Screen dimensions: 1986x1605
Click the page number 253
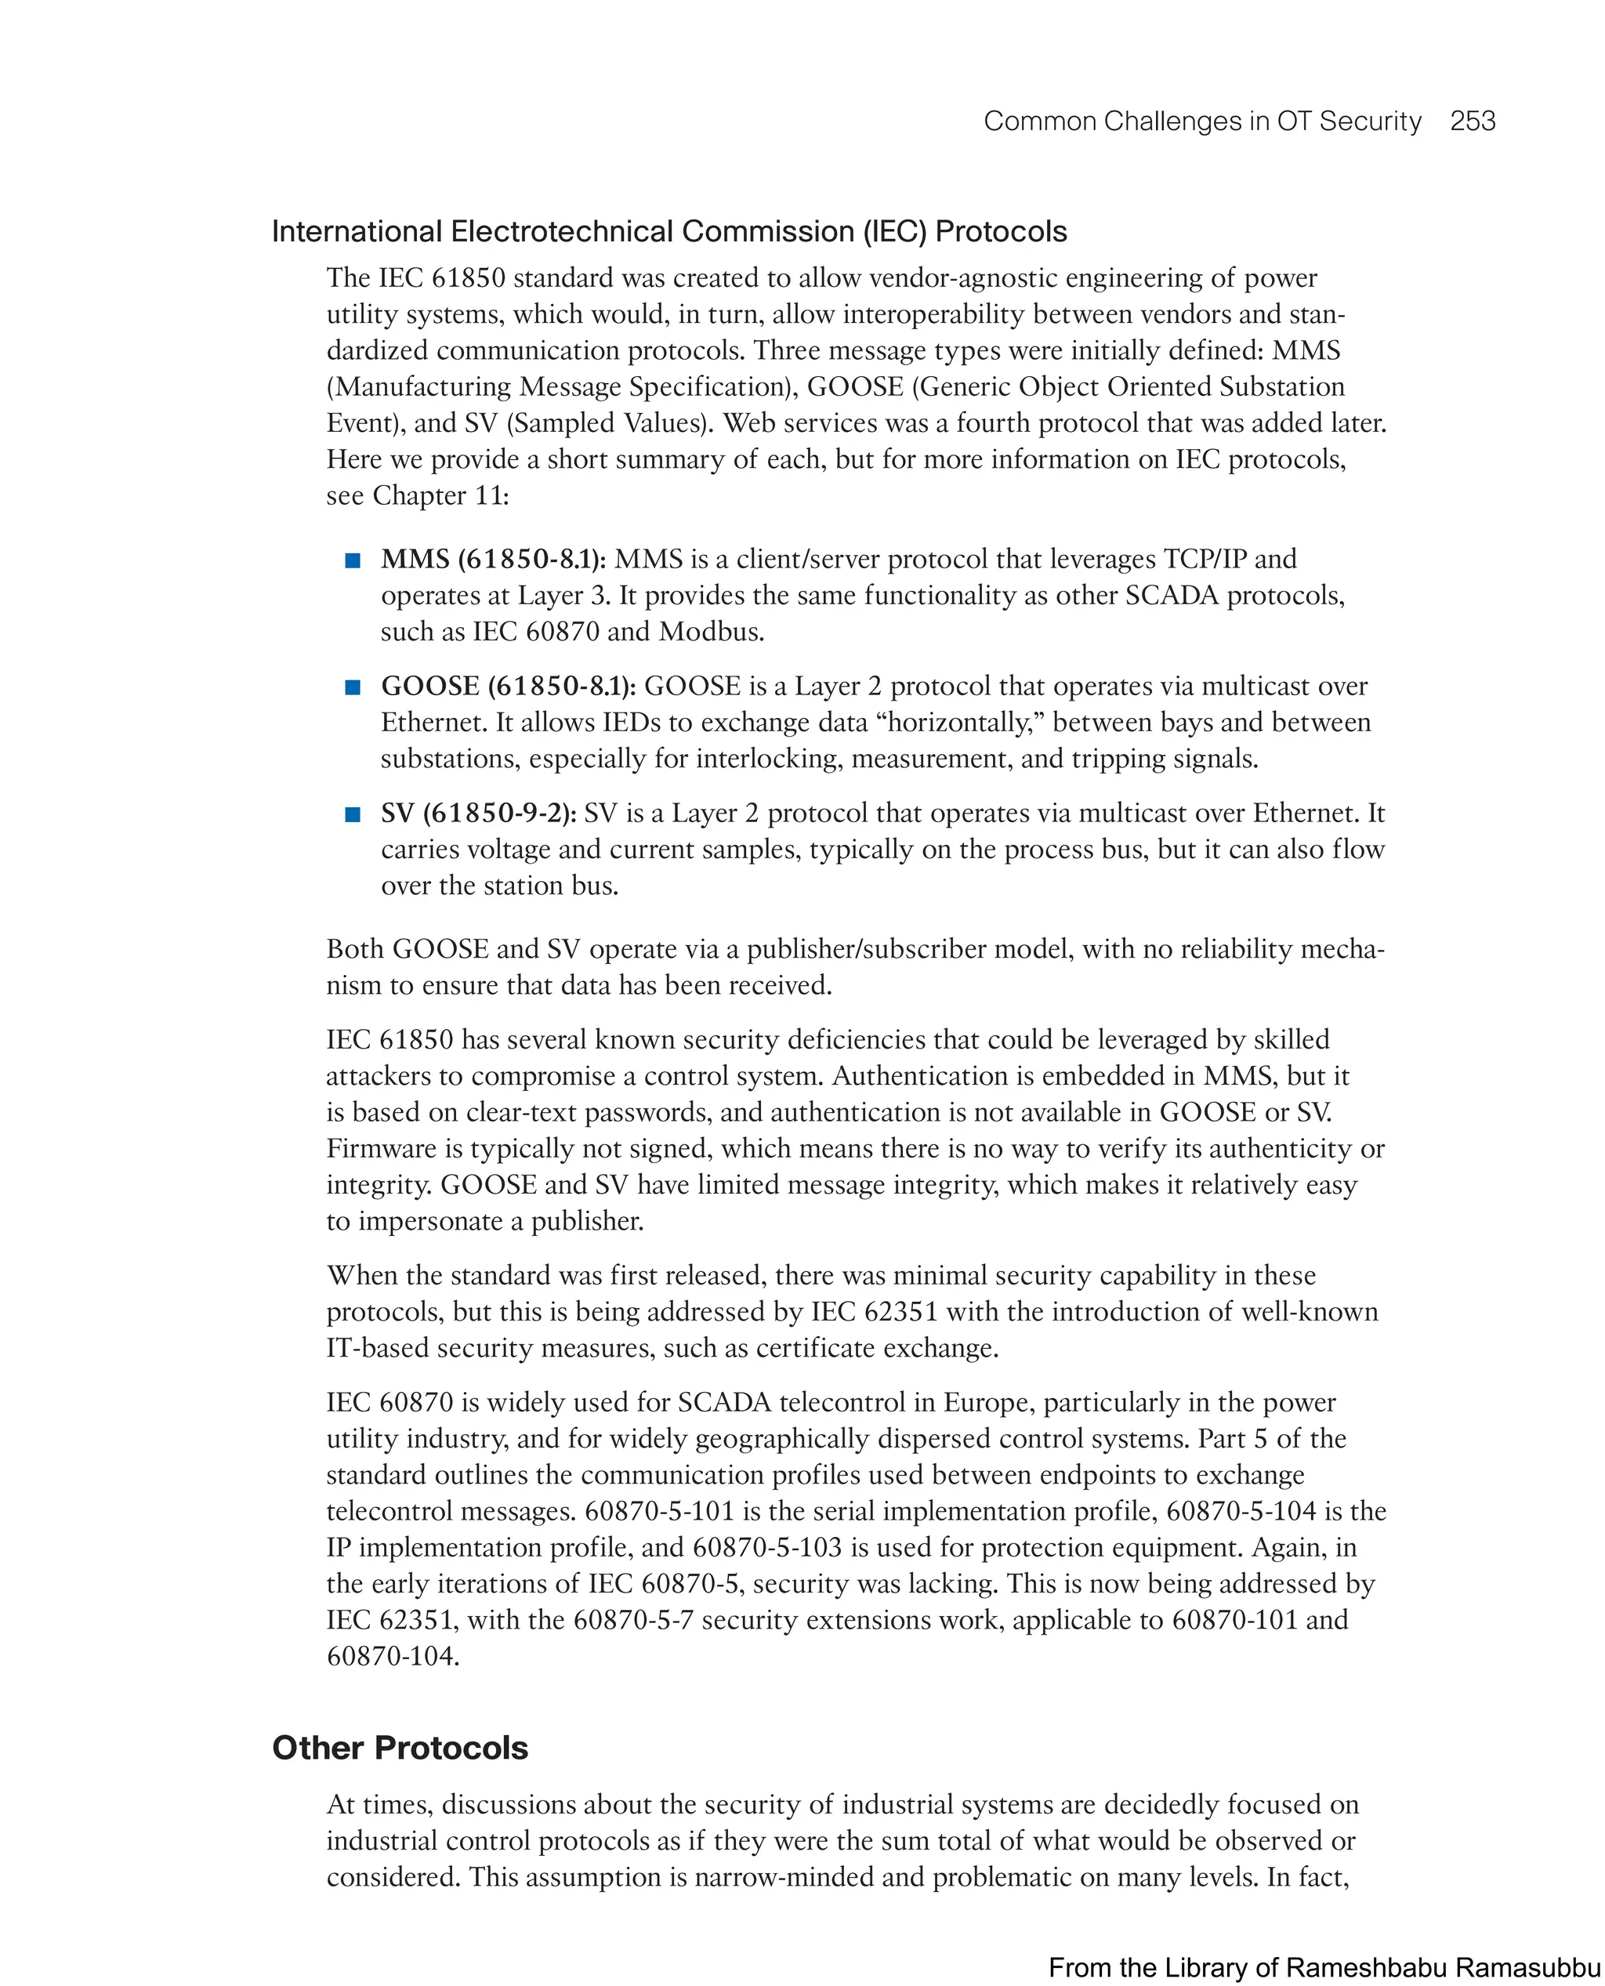(x=1472, y=121)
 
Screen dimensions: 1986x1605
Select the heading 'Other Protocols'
(x=400, y=1748)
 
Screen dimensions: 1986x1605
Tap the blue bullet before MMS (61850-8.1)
(x=352, y=560)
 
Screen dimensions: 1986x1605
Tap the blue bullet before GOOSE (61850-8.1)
(x=352, y=687)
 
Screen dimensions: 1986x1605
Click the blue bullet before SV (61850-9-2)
(x=352, y=814)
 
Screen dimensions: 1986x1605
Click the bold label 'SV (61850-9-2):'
(x=478, y=813)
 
